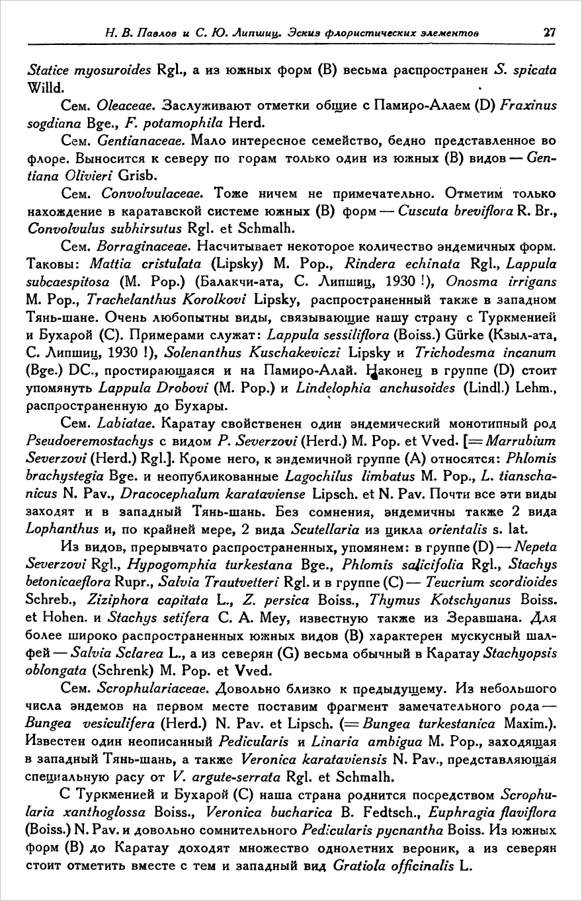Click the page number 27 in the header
tap(548, 31)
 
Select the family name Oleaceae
tap(120, 104)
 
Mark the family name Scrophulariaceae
tap(153, 689)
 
